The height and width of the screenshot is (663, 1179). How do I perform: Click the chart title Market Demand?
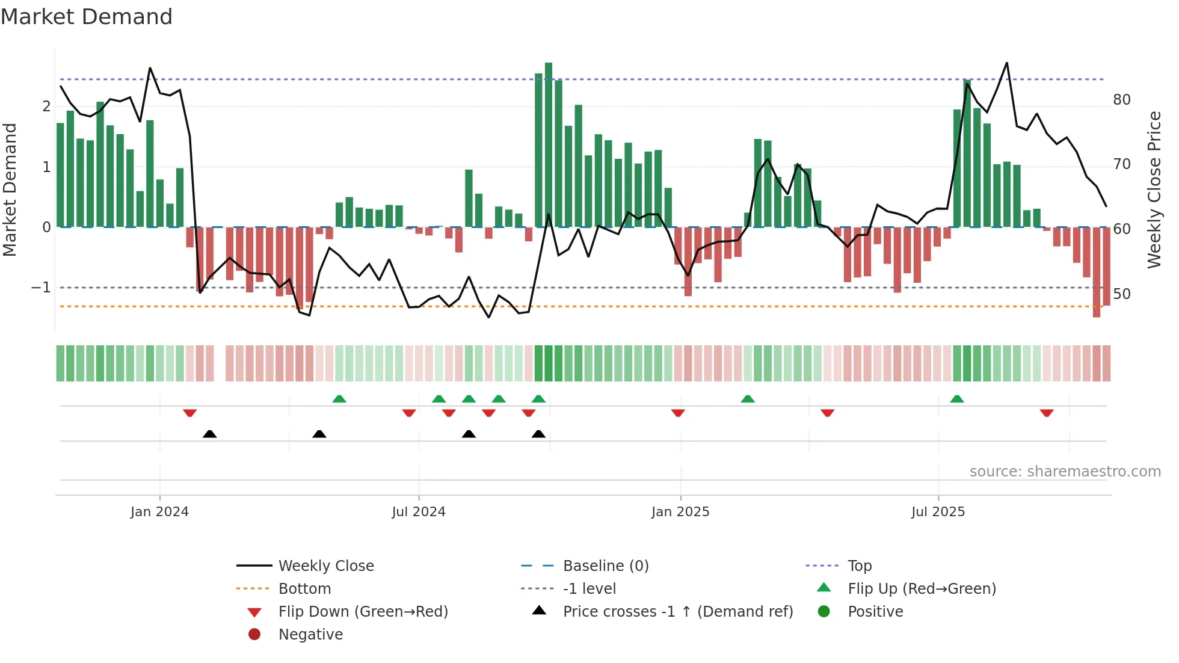point(87,17)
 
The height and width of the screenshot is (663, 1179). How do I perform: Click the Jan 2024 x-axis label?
point(159,512)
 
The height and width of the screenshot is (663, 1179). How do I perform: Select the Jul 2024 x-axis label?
point(419,512)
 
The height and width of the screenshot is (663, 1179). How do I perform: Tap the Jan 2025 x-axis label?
point(680,512)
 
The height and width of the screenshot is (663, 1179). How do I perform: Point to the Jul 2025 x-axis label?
point(938,512)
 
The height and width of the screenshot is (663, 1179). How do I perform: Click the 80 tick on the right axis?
point(1122,100)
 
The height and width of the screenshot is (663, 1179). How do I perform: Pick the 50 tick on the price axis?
point(1122,294)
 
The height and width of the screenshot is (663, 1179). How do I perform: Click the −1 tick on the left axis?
point(41,288)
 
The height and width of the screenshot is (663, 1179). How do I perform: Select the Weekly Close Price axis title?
point(1154,190)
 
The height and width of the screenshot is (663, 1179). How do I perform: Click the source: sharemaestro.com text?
point(1065,472)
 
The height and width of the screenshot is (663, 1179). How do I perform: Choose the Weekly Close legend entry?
point(325,566)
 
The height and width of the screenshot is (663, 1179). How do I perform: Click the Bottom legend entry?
point(304,589)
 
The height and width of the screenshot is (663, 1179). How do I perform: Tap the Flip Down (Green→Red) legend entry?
point(363,612)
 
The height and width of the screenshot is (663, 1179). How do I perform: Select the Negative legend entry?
point(310,635)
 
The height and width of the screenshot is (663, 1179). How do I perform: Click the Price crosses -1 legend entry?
point(677,612)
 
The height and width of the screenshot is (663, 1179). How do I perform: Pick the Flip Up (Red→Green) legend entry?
point(922,589)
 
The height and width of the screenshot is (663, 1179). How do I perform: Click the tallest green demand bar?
point(549,144)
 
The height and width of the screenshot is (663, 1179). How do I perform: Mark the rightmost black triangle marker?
point(538,434)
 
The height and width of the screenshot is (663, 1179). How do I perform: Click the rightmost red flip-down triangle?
point(1047,413)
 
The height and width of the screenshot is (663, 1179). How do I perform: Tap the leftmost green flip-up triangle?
point(339,399)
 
